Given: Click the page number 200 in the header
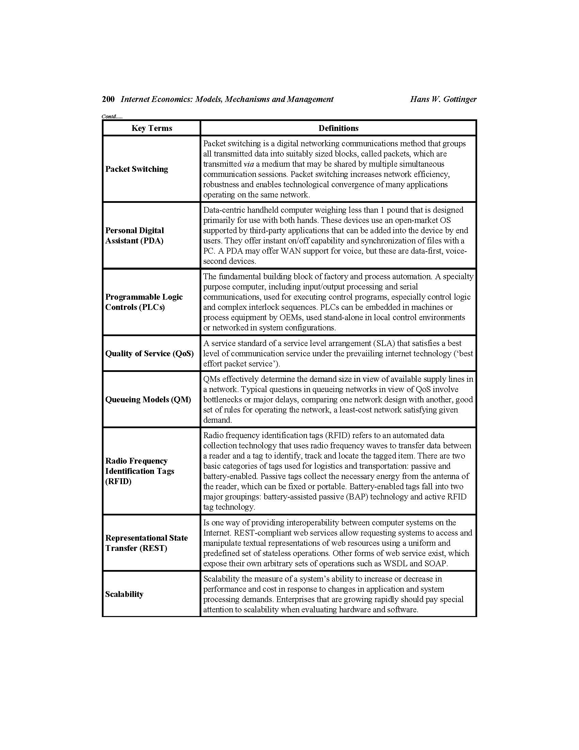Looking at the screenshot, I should tap(108, 99).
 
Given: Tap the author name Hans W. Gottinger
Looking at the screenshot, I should tap(443, 99).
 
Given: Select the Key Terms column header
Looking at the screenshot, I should tap(152, 128).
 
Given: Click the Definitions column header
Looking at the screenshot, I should tap(338, 128).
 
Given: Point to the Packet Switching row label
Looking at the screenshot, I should tap(137, 169).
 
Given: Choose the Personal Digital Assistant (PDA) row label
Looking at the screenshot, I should tap(135, 236).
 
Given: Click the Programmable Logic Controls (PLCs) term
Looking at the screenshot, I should tap(144, 302).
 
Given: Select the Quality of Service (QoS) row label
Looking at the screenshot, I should tap(149, 354).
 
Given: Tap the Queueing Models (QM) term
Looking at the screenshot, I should tap(148, 400).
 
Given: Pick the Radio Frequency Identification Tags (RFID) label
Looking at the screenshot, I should tap(140, 471).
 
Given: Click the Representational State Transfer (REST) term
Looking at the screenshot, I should tap(146, 543).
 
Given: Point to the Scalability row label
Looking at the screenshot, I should tap(124, 594).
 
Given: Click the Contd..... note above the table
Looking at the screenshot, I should tap(112, 116).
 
